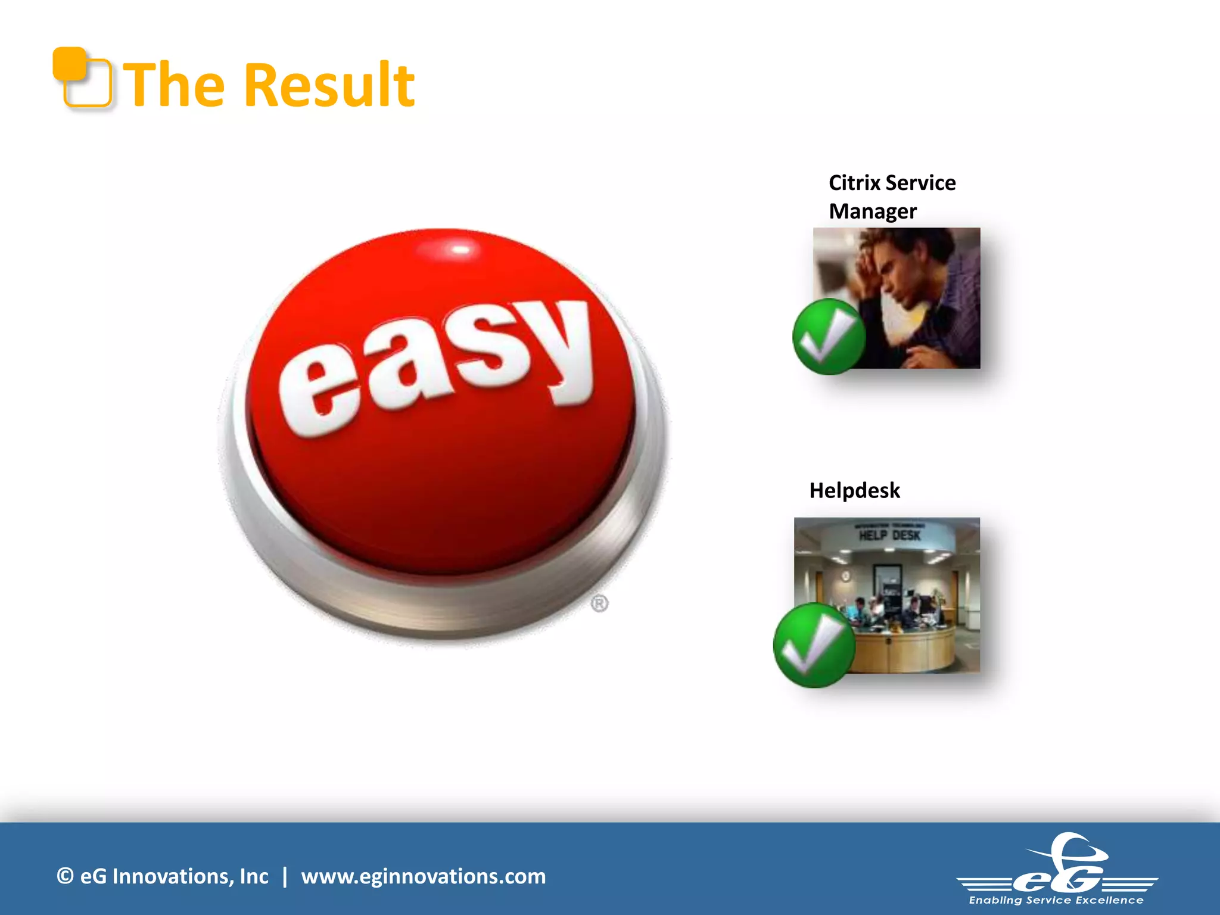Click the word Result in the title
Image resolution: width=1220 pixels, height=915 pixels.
[x=329, y=86]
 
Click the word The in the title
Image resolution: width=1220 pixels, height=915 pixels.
[x=177, y=86]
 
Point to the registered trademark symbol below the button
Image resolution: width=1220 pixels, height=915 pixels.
[x=599, y=603]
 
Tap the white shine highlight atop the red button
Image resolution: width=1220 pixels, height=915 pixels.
[x=460, y=249]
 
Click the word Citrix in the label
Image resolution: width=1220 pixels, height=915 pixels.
[x=854, y=183]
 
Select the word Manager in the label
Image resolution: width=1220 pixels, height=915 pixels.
[x=873, y=211]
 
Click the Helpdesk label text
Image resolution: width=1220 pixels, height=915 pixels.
[x=854, y=490]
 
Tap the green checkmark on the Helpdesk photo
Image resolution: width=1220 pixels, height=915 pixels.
[x=814, y=646]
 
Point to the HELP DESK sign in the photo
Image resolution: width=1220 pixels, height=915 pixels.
[x=889, y=535]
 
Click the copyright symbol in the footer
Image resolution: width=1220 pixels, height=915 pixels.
[x=65, y=876]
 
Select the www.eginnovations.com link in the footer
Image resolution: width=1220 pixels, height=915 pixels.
[x=423, y=876]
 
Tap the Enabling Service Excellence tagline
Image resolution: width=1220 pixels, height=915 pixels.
[x=1056, y=900]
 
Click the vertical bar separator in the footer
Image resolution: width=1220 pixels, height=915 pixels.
[x=285, y=876]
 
